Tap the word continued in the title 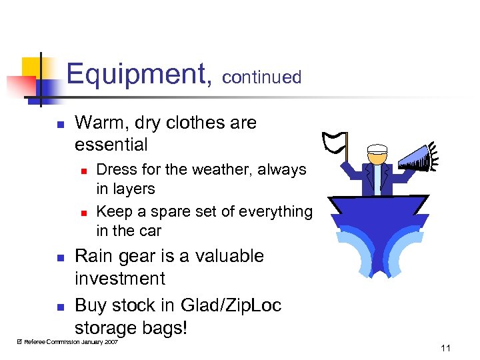tap(261, 77)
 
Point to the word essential tap(111, 144)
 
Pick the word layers tap(134, 189)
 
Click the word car tap(150, 231)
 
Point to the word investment tap(119, 279)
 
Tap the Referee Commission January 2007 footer tap(67, 341)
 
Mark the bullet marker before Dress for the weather tap(83, 171)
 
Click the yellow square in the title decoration tap(31, 67)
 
